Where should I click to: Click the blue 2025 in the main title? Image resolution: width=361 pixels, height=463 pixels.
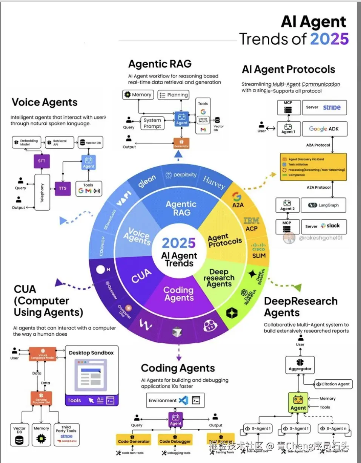coord(329,39)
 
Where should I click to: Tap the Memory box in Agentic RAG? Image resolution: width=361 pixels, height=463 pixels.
coord(138,95)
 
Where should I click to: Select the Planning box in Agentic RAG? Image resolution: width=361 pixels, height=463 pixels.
coord(173,95)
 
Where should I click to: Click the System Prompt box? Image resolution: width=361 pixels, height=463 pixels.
coord(152,123)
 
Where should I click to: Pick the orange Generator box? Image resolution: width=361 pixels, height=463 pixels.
coord(181,144)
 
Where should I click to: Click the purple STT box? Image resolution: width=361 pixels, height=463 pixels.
coord(41,161)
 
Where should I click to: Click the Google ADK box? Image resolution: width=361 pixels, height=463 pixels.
coord(324,129)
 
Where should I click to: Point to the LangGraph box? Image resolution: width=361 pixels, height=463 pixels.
coord(324,205)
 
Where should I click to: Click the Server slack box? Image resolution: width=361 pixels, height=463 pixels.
coord(324,226)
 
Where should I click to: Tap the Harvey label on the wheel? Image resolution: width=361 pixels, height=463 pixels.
coord(214,182)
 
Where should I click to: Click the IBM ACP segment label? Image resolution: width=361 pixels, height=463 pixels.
coord(251,224)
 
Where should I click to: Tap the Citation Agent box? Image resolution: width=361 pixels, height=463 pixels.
coord(333,384)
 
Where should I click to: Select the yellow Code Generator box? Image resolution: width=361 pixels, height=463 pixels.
coord(134,441)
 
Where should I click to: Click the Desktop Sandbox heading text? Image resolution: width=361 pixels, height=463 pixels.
coord(91,353)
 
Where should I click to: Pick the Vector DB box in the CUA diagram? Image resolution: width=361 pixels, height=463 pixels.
coord(20,434)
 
